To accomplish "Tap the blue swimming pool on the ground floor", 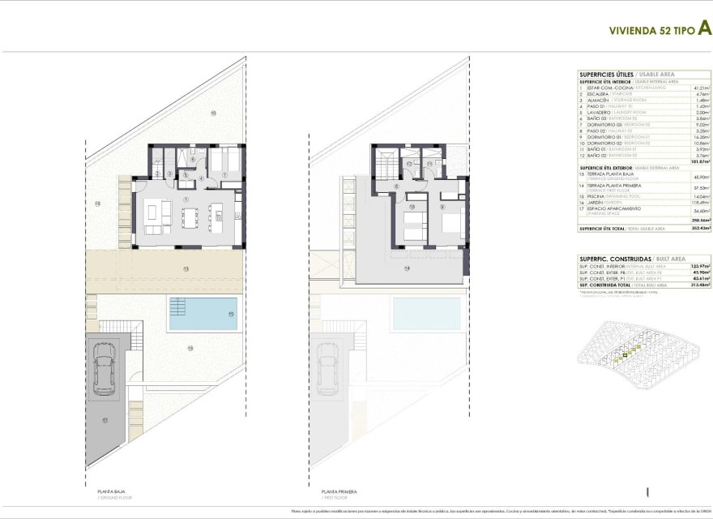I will (203, 314).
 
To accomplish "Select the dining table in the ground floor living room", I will (190, 217).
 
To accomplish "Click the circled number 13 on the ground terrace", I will (186, 268).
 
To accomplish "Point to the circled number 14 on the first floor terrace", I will (407, 268).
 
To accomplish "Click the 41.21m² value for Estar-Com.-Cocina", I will (702, 88).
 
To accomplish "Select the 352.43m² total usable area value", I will (701, 229).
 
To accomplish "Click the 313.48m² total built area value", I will (701, 285).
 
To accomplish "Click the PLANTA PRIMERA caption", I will (338, 491).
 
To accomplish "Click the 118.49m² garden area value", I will (702, 202).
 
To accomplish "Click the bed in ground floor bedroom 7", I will (224, 161).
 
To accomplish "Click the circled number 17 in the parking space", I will (105, 421).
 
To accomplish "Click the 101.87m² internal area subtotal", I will (701, 161).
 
